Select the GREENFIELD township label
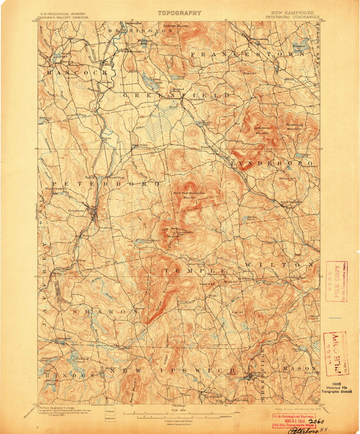pos(177,95)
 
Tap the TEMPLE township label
pos(189,268)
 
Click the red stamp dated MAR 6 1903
pos(292,419)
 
